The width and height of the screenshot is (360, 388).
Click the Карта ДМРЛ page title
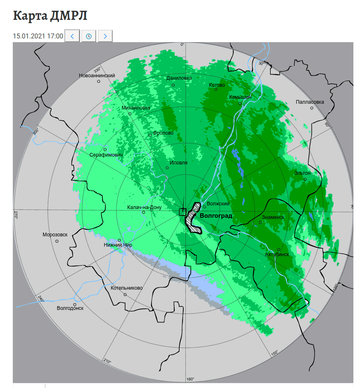click(50, 16)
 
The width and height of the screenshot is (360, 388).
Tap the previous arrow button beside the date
click(72, 36)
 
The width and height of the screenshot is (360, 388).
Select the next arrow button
click(105, 36)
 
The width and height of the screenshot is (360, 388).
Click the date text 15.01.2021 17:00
click(38, 36)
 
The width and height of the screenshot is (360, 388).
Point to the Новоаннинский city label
click(97, 76)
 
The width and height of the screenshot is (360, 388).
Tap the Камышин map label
click(240, 97)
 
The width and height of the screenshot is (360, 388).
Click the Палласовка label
click(310, 102)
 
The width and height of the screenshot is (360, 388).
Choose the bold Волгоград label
click(216, 216)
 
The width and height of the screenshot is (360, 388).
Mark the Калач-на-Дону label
click(144, 207)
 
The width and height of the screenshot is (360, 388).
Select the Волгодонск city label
click(70, 308)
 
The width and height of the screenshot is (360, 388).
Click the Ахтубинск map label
click(277, 255)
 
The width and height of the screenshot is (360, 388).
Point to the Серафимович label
click(106, 155)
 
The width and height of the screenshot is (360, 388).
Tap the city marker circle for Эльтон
click(305, 179)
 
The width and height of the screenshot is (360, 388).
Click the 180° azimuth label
click(190, 379)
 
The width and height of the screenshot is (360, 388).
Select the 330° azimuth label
click(97, 69)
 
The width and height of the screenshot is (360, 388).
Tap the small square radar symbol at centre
click(182, 212)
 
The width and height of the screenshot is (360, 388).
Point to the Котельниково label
click(127, 288)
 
